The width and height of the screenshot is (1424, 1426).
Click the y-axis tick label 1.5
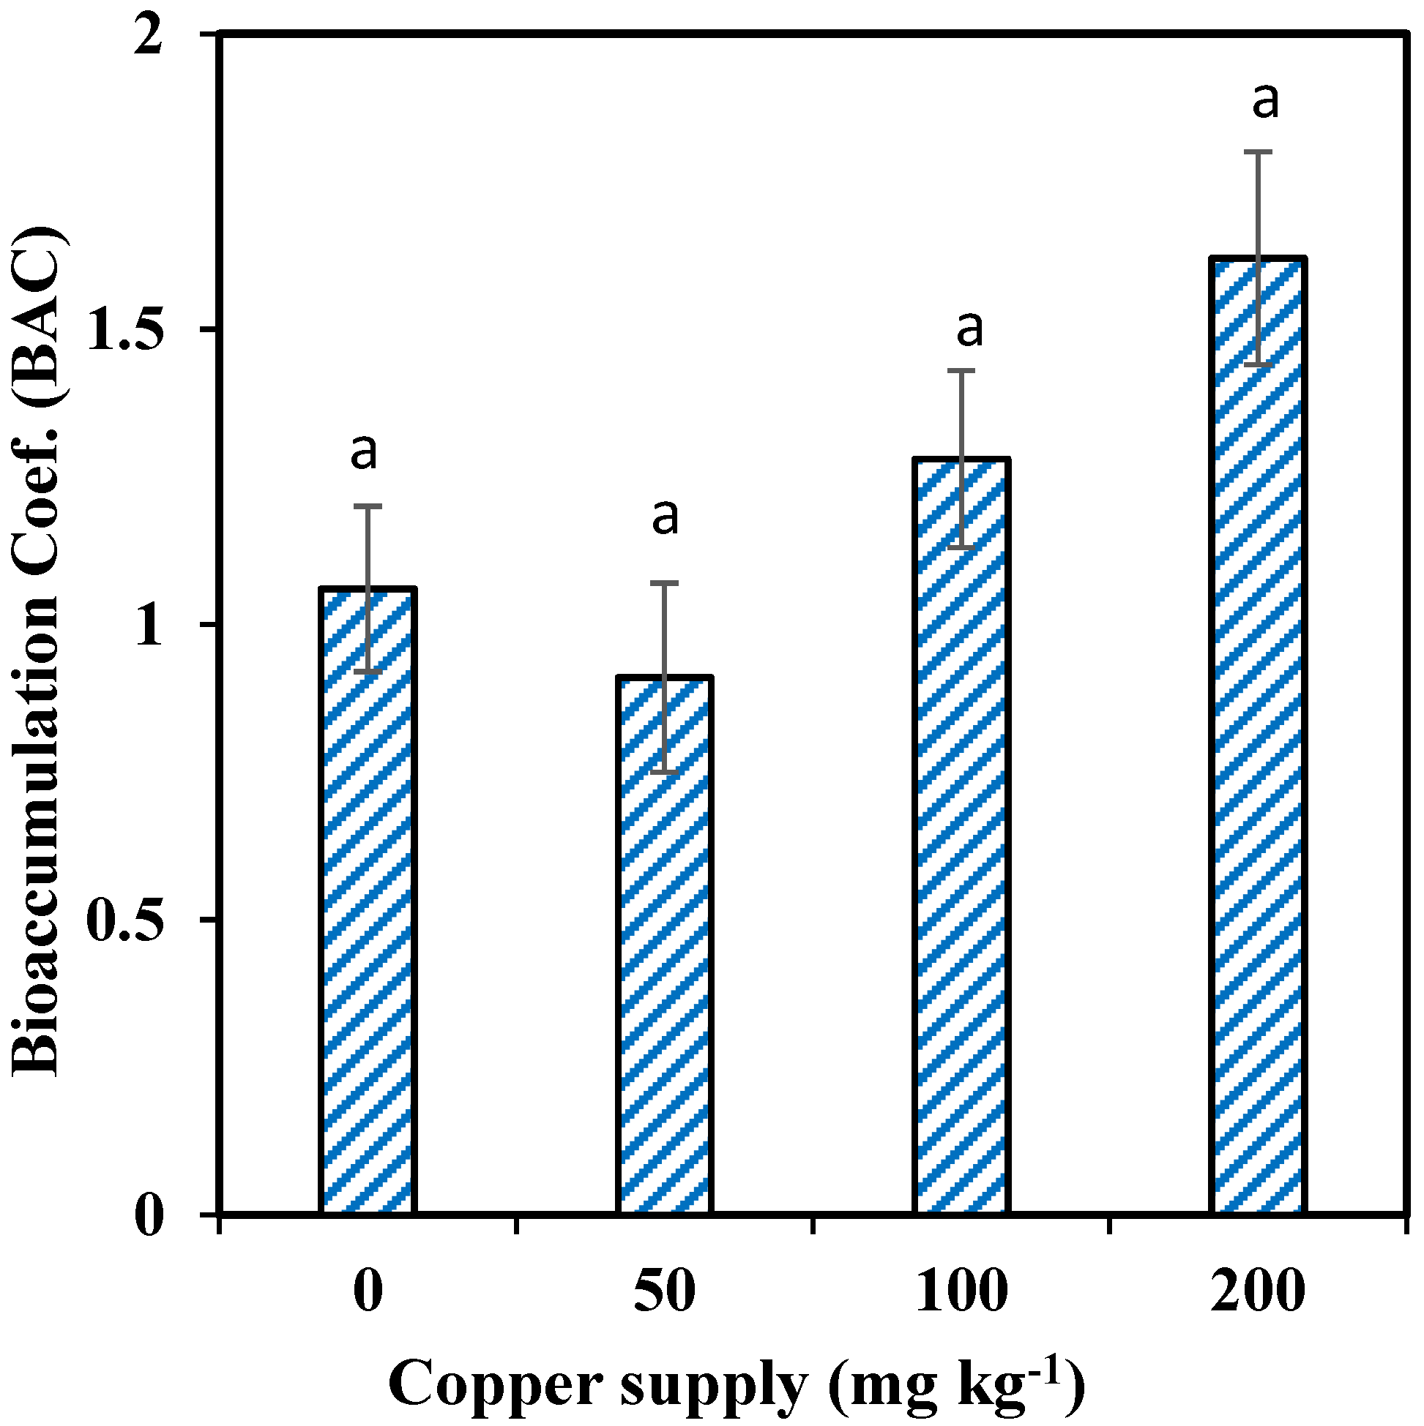tap(124, 329)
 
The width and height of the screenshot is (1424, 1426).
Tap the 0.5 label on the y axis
tap(124, 920)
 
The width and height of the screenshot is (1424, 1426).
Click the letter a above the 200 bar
tap(1265, 101)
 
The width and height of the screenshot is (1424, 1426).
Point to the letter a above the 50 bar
tap(665, 517)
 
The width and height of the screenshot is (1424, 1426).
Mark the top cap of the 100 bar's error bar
tap(961, 370)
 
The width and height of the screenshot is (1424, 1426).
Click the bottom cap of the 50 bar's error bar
tap(665, 772)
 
